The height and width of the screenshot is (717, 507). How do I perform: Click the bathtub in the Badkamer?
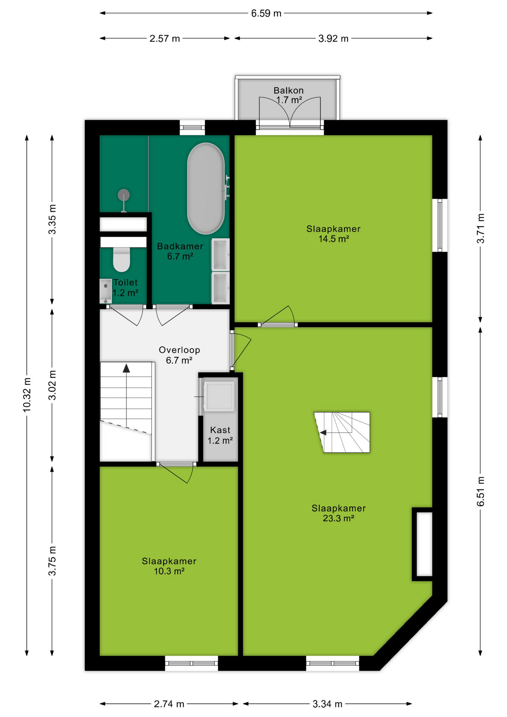click(206, 188)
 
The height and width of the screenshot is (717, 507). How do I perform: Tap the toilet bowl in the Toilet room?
click(121, 259)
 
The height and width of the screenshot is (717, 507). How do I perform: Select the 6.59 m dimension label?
click(266, 13)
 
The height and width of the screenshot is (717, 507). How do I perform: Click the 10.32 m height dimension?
click(27, 395)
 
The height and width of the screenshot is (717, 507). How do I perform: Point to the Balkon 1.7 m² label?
click(289, 95)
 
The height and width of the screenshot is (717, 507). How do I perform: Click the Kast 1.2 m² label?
click(220, 435)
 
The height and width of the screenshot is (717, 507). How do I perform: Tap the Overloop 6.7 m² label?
click(179, 355)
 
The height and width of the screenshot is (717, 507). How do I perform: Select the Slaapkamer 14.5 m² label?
click(333, 234)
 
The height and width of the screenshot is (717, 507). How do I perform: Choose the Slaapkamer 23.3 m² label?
click(339, 513)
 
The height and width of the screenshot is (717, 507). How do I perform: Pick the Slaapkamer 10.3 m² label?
click(169, 566)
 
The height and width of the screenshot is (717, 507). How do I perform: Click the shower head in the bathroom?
click(124, 195)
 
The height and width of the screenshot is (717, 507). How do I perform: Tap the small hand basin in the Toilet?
click(106, 291)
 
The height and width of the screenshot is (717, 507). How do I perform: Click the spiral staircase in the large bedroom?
click(342, 432)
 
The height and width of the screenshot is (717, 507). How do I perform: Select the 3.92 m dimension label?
click(333, 38)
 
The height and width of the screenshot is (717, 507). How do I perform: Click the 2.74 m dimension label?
click(169, 704)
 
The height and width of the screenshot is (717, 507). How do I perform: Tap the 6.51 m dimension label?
click(480, 491)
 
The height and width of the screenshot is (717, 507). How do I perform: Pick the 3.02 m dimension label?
click(52, 385)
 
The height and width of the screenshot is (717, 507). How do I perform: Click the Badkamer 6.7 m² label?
click(180, 251)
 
